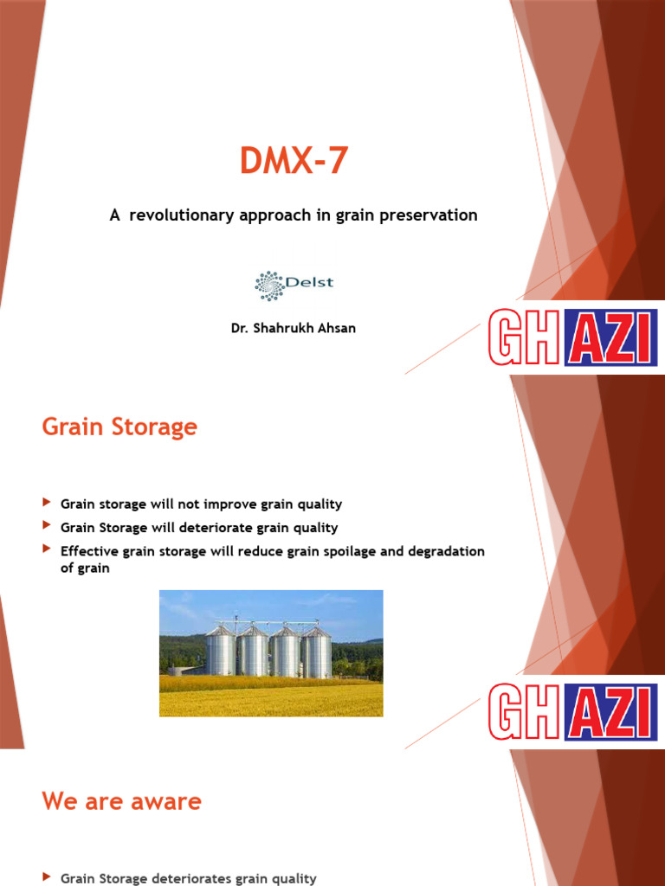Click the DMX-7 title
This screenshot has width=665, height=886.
click(x=294, y=162)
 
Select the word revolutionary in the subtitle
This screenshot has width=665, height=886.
click(x=179, y=215)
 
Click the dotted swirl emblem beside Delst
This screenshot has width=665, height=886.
click(x=269, y=284)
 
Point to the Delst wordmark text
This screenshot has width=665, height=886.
click(x=309, y=282)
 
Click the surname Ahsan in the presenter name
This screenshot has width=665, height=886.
click(x=335, y=329)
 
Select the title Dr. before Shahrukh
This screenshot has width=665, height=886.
click(x=239, y=329)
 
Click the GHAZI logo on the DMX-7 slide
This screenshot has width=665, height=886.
click(x=572, y=337)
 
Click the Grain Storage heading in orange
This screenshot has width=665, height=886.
click(x=119, y=427)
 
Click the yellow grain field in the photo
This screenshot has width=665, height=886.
click(x=270, y=699)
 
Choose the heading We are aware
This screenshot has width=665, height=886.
click(x=121, y=801)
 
